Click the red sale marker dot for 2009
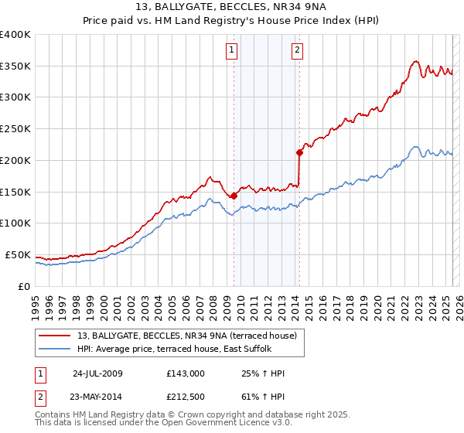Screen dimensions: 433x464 tap(234, 196)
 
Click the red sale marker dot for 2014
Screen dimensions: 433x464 tap(299, 152)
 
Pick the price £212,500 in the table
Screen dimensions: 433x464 tap(185, 397)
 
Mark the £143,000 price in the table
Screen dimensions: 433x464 tap(185, 373)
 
